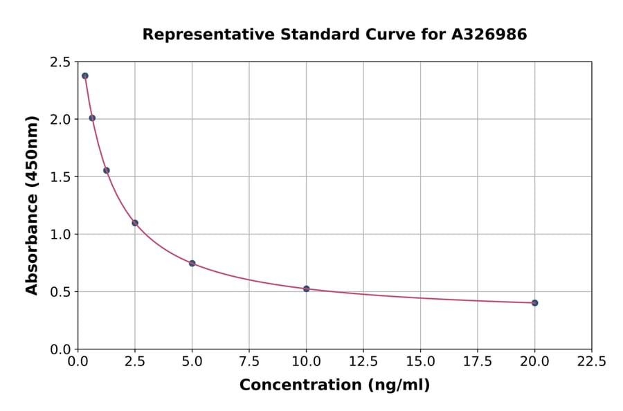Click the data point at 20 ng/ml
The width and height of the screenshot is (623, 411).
coord(534,302)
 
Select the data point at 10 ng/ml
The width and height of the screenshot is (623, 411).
coord(306,289)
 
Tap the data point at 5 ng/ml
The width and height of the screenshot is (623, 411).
coord(192,263)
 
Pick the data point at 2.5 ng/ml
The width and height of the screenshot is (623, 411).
coord(135,223)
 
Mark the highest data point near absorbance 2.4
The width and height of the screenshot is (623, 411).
coord(85,75)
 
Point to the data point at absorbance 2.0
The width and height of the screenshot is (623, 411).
coord(92,118)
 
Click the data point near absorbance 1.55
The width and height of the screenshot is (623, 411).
coord(107,170)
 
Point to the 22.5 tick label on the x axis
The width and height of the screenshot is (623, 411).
coord(591,362)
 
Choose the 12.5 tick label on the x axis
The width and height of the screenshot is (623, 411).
coord(363,362)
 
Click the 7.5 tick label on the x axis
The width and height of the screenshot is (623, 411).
coord(249,362)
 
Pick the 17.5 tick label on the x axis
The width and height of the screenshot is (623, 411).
coord(477,362)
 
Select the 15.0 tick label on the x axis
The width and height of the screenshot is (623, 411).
coord(420,362)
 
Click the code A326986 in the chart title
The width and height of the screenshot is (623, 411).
coord(489,35)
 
